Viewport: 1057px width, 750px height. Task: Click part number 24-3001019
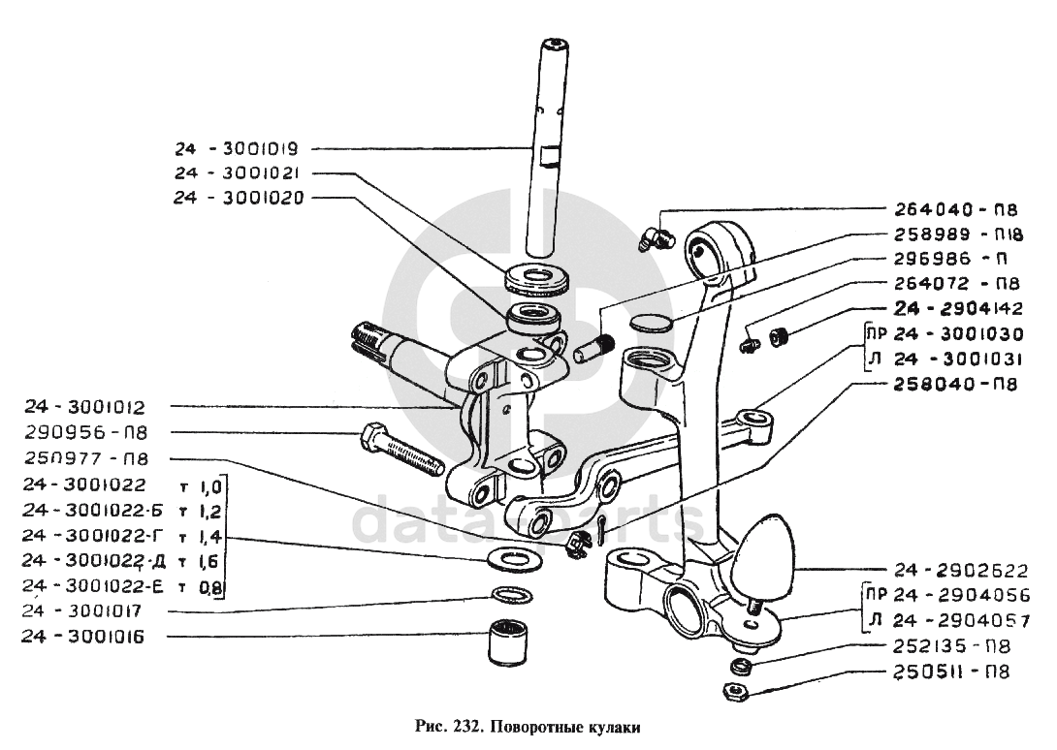pos(237,148)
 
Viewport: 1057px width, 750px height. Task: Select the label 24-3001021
pos(237,173)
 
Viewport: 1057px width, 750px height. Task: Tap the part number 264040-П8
pos(956,209)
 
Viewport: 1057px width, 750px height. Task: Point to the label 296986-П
pos(950,259)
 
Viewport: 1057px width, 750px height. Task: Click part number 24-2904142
pos(959,309)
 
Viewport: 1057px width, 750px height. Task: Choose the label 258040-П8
pos(956,384)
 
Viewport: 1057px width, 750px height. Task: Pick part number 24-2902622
pos(961,571)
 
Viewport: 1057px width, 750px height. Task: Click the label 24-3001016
pos(83,637)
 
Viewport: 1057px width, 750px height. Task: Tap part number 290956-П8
pos(85,432)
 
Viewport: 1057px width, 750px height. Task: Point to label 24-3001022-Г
pos(94,536)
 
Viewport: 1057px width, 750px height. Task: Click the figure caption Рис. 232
pos(447,727)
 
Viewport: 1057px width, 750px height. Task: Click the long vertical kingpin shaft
pos(547,148)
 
